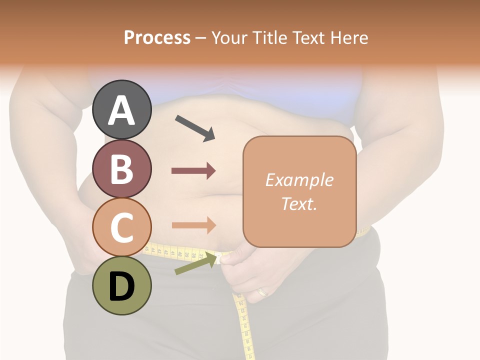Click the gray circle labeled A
point(121,109)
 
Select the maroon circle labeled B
point(121,169)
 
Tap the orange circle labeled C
point(121,227)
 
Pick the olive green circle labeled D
point(121,285)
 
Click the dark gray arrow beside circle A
point(195,127)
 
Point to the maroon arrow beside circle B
point(193,171)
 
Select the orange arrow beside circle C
point(193,225)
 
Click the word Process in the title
point(157,38)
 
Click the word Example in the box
point(299,180)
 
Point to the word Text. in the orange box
point(299,204)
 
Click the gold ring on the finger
point(262,291)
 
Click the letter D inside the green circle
point(121,287)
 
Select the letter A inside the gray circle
point(121,110)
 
